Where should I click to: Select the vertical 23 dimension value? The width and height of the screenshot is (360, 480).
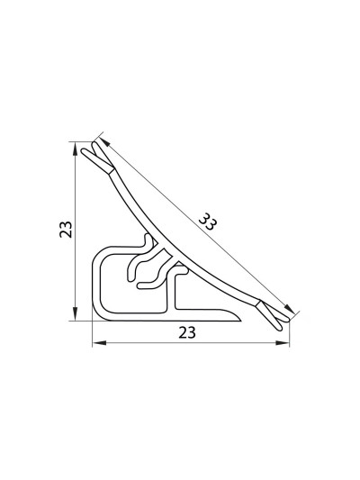tap(66, 230)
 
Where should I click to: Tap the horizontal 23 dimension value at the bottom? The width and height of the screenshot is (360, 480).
tap(187, 332)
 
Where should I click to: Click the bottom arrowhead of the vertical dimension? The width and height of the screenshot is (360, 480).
tap(75, 313)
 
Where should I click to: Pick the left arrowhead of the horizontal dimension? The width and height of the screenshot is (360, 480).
tap(99, 343)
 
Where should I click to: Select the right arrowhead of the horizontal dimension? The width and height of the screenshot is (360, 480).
tap(282, 343)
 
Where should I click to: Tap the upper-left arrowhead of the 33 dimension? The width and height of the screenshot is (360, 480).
tap(104, 142)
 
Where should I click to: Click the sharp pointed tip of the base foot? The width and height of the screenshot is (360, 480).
tap(241, 321)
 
